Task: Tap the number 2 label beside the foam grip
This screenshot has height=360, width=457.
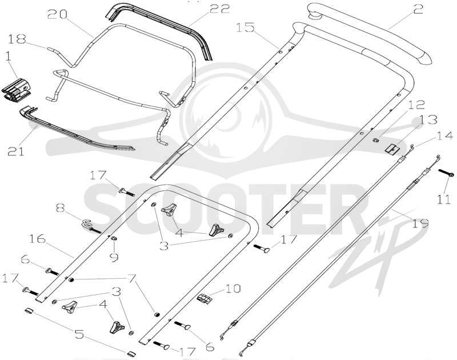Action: pos(418,10)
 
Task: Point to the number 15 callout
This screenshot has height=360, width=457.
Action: pos(246,27)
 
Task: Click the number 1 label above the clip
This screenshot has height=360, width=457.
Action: pos(9,57)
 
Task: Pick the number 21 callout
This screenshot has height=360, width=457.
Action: pos(16,151)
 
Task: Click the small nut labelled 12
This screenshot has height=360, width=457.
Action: pos(376,140)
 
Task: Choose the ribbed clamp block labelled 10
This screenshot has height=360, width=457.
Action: pos(204,298)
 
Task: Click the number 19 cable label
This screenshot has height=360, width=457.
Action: pos(420,223)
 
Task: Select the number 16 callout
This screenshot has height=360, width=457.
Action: pos(38,239)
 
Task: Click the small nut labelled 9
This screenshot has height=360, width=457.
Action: pos(115,239)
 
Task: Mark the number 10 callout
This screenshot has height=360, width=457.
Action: pos(232,289)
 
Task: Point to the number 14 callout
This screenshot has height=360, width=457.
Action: pos(445,136)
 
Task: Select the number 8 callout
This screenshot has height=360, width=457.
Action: pos(61,209)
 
